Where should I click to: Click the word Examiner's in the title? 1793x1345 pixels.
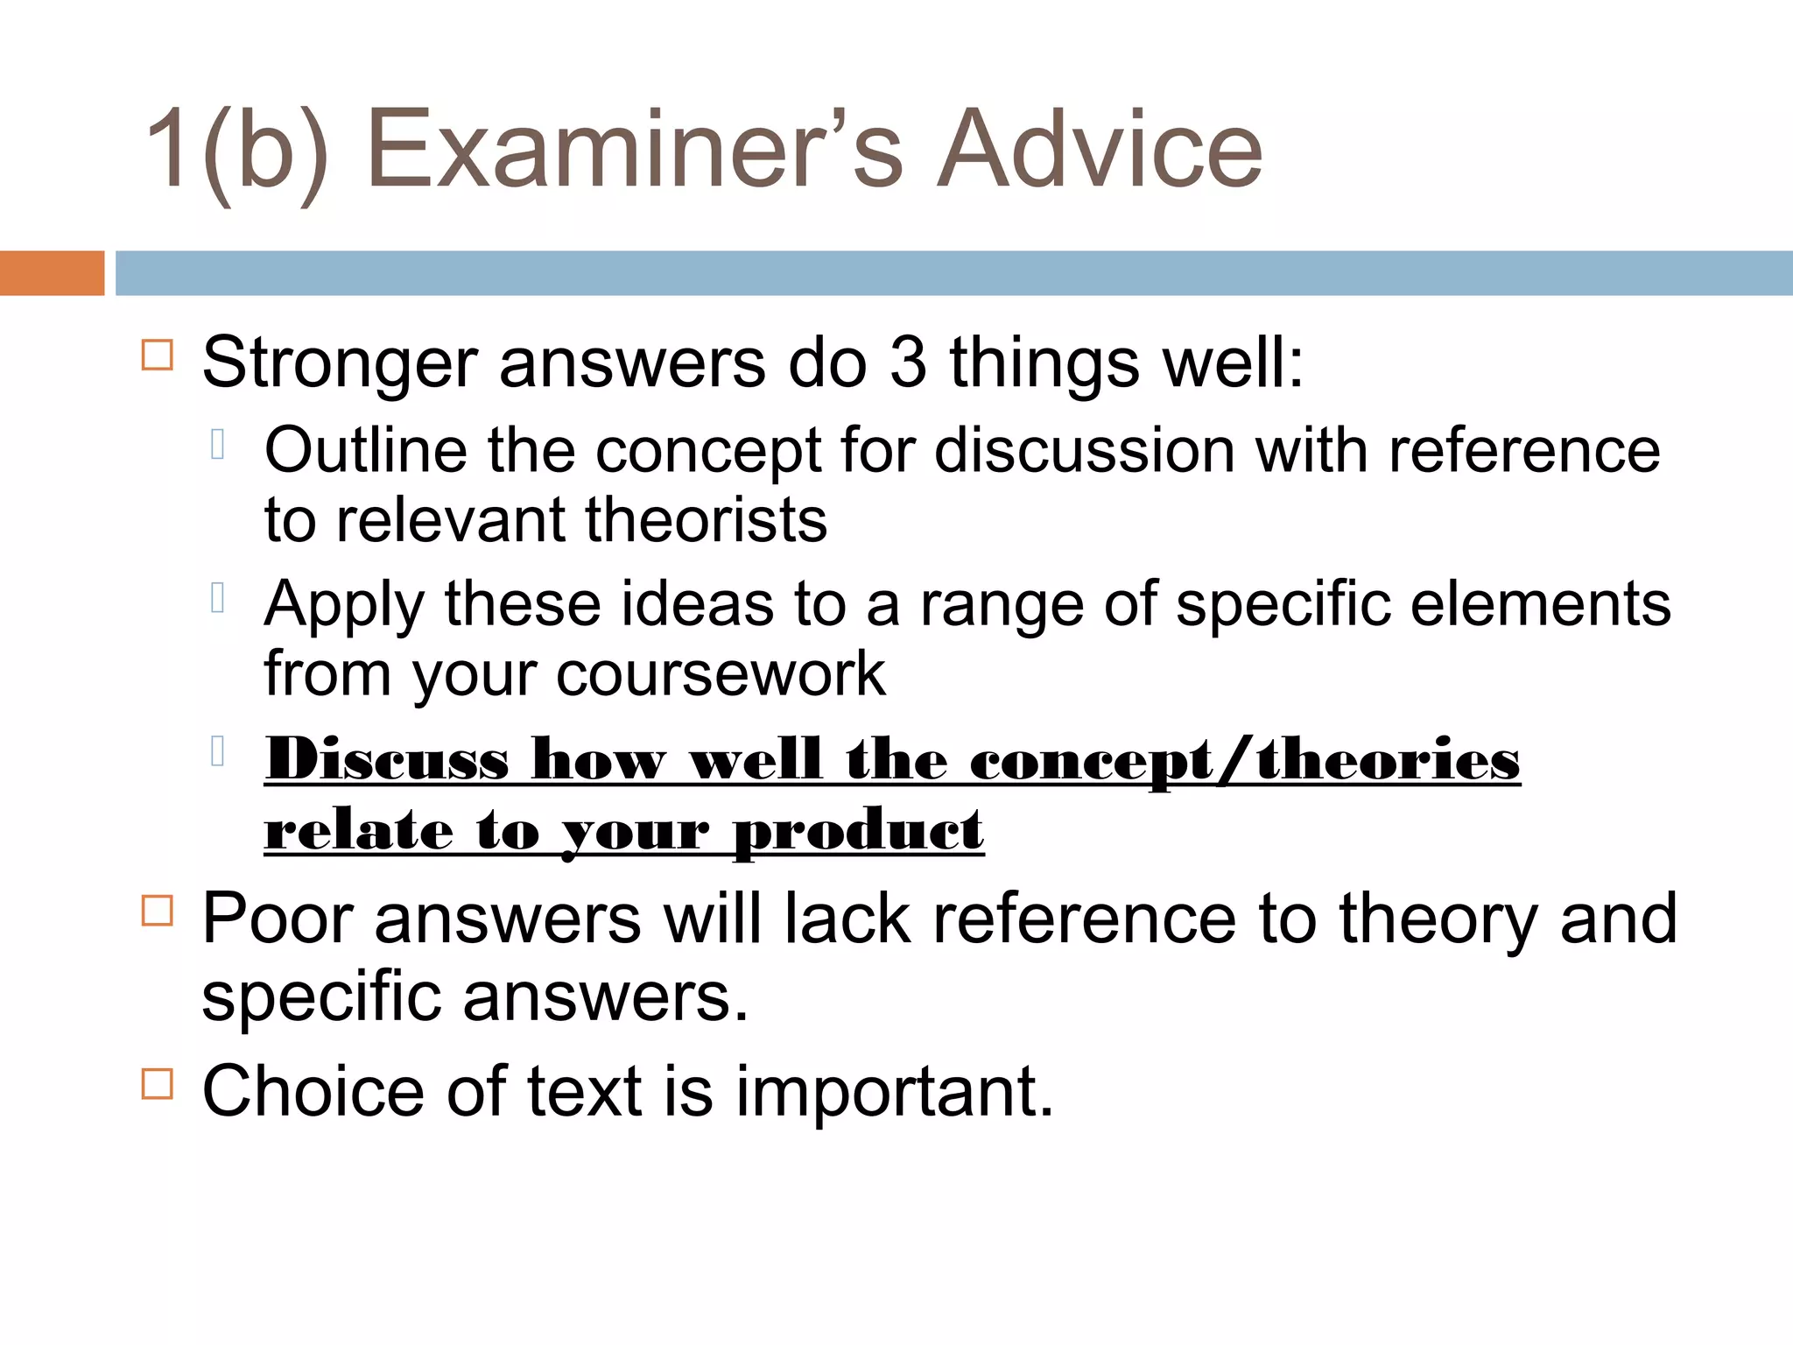point(634,149)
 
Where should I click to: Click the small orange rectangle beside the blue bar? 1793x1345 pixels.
point(52,273)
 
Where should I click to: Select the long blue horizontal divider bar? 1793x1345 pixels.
point(953,273)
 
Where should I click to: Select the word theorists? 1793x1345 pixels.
point(706,521)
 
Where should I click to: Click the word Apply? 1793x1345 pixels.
point(344,606)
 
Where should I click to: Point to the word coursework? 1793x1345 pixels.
point(721,674)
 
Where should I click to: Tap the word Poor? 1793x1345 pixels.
point(278,919)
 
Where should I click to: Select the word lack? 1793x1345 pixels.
point(847,919)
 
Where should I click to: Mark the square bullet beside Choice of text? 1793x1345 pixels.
point(158,1083)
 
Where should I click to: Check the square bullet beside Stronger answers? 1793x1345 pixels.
point(158,355)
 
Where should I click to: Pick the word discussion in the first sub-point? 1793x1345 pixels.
point(1084,451)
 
